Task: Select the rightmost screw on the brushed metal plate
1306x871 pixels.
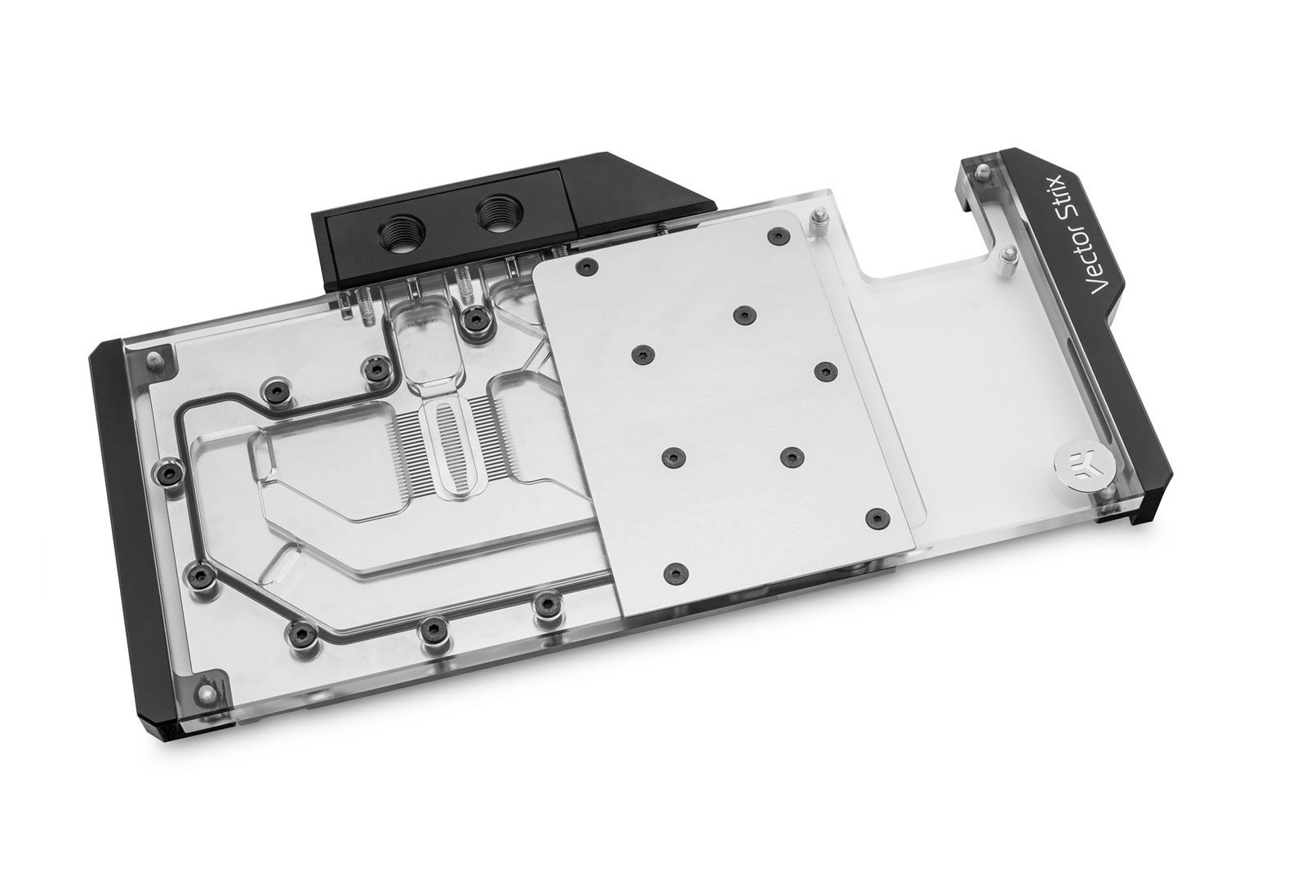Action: coord(877,515)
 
